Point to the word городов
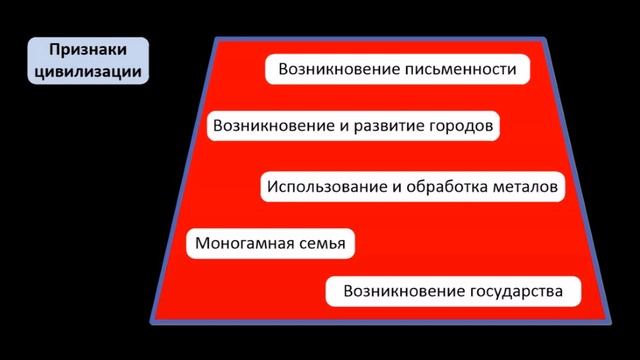(x=455, y=127)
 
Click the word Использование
(x=323, y=186)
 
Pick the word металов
(x=520, y=186)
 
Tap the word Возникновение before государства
(x=401, y=293)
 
